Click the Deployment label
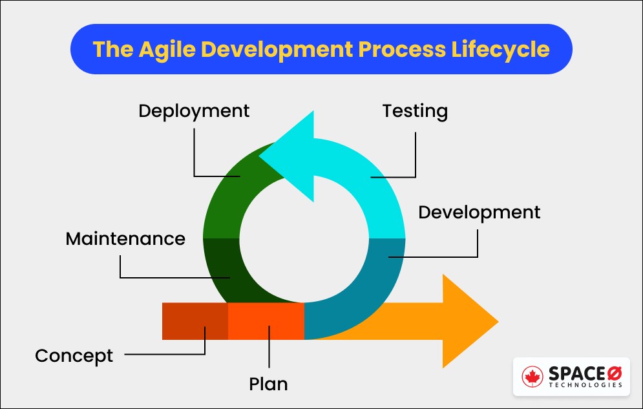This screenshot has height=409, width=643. click(194, 111)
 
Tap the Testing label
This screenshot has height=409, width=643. click(415, 111)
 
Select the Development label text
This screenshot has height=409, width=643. click(479, 213)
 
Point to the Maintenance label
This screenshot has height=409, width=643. click(125, 238)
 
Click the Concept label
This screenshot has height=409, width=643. click(74, 355)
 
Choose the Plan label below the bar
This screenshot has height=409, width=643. click(268, 384)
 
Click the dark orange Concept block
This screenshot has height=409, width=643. click(195, 321)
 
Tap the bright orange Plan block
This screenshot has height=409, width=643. click(266, 321)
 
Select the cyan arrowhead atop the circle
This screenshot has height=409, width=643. click(291, 156)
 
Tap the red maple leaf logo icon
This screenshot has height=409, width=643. click(534, 376)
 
